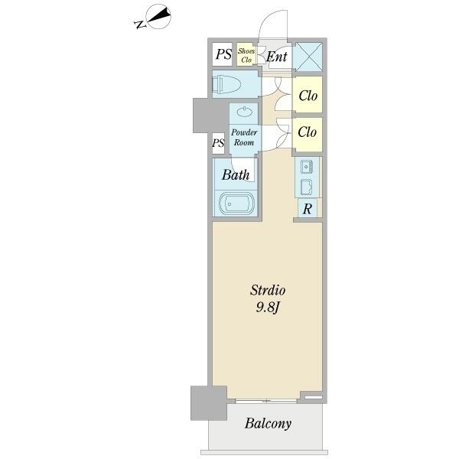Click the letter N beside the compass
[x=140, y=24]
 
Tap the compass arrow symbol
[x=158, y=17]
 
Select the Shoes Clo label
[x=246, y=55]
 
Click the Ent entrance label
[x=277, y=57]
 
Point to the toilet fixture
[x=226, y=84]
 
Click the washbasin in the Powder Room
[x=243, y=112]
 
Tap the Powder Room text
[x=244, y=137]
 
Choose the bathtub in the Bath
[x=236, y=203]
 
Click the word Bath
[x=236, y=174]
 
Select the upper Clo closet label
[x=308, y=96]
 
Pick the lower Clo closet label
[x=307, y=132]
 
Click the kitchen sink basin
[x=307, y=167]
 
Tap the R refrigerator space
[x=307, y=209]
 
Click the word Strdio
[x=268, y=291]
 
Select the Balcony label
[x=269, y=424]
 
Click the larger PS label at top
[x=223, y=54]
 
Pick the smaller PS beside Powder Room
[x=218, y=143]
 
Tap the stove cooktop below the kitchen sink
[x=307, y=187]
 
